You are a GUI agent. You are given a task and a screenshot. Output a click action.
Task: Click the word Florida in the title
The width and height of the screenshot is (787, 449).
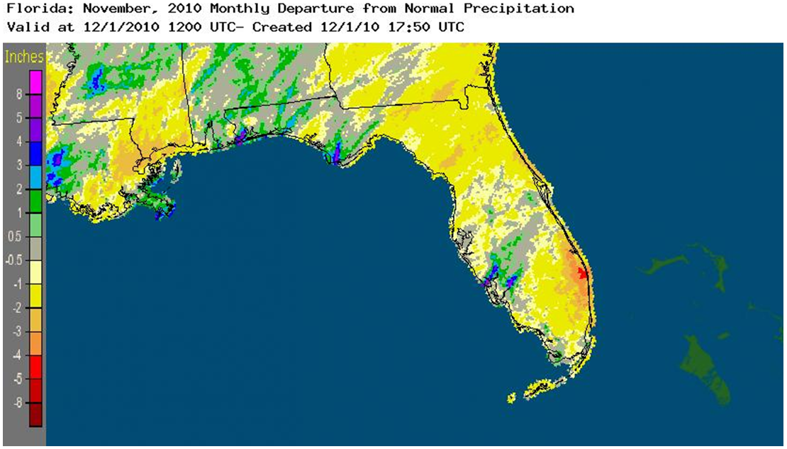[x=29, y=8]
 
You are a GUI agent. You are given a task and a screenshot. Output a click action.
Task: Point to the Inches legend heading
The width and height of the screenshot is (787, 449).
[x=23, y=57]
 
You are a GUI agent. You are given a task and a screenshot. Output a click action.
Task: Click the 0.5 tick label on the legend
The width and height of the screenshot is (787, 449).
[x=13, y=238]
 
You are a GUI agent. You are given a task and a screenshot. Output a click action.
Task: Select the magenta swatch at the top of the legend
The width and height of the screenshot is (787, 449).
[x=35, y=77]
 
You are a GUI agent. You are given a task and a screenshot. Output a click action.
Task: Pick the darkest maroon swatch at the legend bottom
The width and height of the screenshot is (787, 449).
[x=35, y=414]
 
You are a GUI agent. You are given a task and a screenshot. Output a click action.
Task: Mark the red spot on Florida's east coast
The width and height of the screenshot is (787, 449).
[x=581, y=273]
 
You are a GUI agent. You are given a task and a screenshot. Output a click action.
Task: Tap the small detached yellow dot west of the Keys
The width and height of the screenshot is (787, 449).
[x=511, y=399]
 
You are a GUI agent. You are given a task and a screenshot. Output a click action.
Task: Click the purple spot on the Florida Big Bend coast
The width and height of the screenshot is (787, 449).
[x=336, y=152]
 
